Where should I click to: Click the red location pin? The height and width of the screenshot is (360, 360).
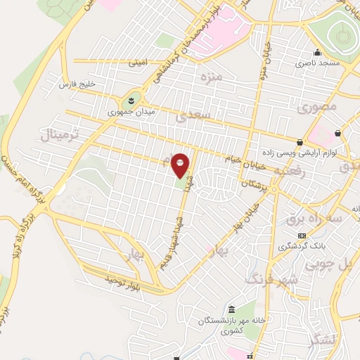click(180, 165)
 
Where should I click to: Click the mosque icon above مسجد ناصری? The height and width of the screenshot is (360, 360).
click(317, 52)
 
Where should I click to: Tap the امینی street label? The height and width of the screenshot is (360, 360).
click(137, 62)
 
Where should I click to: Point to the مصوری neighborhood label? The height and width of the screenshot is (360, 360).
click(317, 108)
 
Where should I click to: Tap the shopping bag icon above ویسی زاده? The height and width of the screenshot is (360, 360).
click(300, 143)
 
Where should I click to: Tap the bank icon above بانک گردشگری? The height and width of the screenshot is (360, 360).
click(302, 235)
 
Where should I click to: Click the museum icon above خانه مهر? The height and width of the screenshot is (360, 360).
click(232, 310)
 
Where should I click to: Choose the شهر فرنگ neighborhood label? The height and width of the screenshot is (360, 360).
click(271, 279)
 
